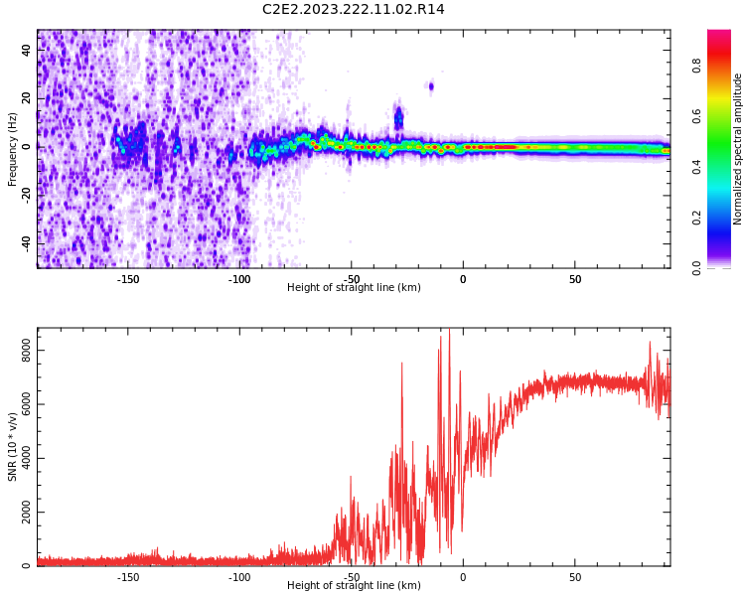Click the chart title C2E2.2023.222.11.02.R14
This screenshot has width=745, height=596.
[354, 10]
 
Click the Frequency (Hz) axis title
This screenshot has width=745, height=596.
[13, 149]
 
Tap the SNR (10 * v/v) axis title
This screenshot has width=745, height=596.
[13, 447]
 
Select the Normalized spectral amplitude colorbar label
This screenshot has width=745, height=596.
[738, 149]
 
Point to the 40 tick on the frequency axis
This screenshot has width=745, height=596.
[26, 51]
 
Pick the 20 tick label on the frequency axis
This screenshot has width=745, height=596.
[26, 98]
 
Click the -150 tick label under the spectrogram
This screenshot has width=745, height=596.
[128, 278]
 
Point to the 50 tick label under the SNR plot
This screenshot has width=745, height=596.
[575, 576]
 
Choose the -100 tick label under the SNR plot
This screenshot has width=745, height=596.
[240, 576]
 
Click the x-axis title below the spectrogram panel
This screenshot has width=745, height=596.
[354, 288]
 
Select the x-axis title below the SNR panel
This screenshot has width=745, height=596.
[354, 586]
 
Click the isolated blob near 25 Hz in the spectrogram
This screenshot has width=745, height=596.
[431, 86]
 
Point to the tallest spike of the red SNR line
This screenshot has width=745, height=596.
[449, 331]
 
